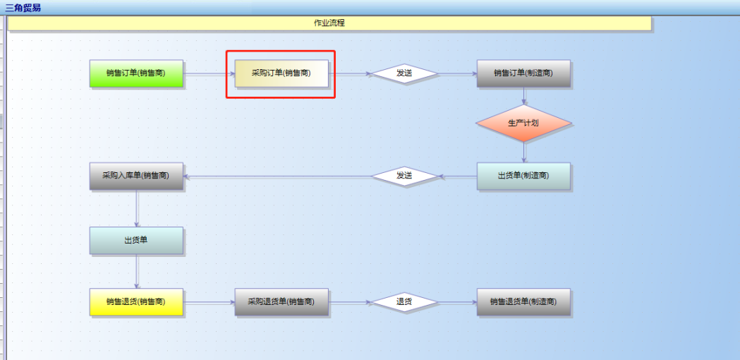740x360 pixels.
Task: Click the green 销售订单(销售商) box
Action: coord(136,73)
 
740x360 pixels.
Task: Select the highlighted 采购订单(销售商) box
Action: coord(281,73)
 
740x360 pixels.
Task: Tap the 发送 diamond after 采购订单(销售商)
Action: coord(404,73)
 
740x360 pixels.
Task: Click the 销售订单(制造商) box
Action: coord(523,73)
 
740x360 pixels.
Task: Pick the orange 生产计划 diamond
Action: coord(523,123)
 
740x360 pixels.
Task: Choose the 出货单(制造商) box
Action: coord(523,176)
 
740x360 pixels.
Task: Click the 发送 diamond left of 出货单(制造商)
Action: coord(404,176)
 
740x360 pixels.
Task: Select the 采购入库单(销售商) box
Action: coord(136,176)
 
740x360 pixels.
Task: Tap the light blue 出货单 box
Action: coord(136,240)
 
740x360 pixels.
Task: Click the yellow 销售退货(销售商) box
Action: coord(136,301)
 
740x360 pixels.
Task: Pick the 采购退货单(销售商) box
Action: coord(281,301)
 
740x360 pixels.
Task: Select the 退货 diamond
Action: coord(404,301)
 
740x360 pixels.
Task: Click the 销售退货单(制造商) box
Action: coord(523,301)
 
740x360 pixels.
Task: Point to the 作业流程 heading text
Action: coord(329,23)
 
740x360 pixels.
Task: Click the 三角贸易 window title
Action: coord(23,7)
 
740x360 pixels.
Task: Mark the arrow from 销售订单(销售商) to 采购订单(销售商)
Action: coord(209,73)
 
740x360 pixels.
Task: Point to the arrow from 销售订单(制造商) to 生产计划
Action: coord(523,97)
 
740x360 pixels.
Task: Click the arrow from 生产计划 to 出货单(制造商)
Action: coord(523,152)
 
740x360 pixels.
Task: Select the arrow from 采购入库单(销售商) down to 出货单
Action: coord(137,208)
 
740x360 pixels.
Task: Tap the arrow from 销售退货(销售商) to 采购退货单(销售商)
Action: coord(209,302)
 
